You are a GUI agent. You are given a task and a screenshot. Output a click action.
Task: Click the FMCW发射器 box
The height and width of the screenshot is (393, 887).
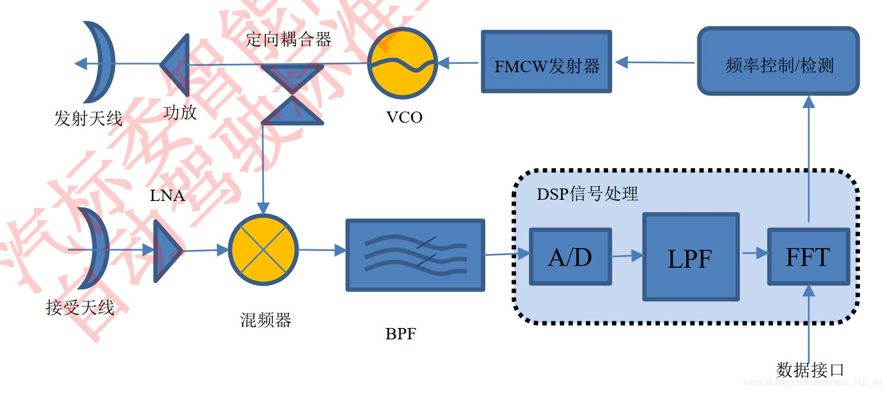pos(546,62)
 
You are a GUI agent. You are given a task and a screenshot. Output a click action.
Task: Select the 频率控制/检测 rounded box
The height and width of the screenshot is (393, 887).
pos(778,61)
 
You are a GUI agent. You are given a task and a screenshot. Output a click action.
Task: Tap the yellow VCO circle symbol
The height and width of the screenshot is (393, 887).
pos(401,63)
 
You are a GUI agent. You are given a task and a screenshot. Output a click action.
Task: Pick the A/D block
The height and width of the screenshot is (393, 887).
pos(570,256)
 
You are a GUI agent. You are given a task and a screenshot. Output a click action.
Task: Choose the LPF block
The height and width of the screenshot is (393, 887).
pos(690,257)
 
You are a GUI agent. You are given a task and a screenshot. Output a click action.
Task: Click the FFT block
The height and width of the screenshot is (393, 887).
pos(808,256)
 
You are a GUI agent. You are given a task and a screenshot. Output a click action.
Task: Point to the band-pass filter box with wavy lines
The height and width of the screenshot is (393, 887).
pos(415,255)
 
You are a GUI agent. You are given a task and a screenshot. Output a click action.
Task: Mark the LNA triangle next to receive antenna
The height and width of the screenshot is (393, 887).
pos(166,250)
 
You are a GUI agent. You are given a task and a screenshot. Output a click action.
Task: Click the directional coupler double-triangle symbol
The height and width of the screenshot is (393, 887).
pos(292,94)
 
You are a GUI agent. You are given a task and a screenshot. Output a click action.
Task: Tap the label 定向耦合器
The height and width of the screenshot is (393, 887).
pos(289,40)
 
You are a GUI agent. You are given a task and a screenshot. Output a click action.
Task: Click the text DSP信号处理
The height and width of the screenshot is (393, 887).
pos(587,194)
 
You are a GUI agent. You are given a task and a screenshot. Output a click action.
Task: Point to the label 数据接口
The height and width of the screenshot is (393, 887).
pos(810,370)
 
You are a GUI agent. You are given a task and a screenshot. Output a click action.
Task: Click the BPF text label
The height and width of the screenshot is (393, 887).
pos(400,334)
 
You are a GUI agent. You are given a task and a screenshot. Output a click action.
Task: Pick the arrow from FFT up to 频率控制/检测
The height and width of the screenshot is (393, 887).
pos(808,161)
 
